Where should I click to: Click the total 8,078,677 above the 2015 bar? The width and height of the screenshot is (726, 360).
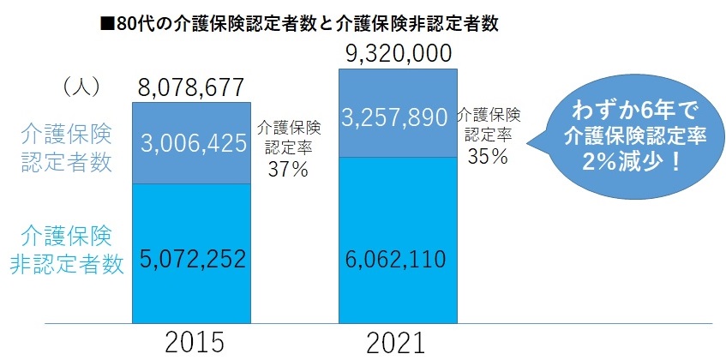[x=191, y=87]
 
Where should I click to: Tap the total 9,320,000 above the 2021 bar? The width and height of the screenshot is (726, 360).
[x=398, y=55]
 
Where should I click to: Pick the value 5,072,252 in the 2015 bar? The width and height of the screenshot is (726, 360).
[x=191, y=257]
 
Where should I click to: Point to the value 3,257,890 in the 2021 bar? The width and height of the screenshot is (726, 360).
[x=398, y=117]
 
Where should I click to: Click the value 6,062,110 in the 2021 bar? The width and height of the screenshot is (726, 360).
[x=398, y=257]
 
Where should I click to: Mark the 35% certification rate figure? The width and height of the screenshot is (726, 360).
[x=488, y=156]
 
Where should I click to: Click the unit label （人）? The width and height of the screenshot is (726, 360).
[x=82, y=87]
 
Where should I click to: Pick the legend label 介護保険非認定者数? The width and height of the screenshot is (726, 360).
[x=67, y=249]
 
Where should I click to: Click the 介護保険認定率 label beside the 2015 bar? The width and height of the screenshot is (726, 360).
[x=288, y=137]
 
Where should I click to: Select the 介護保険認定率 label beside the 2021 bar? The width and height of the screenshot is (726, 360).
[x=489, y=123]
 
